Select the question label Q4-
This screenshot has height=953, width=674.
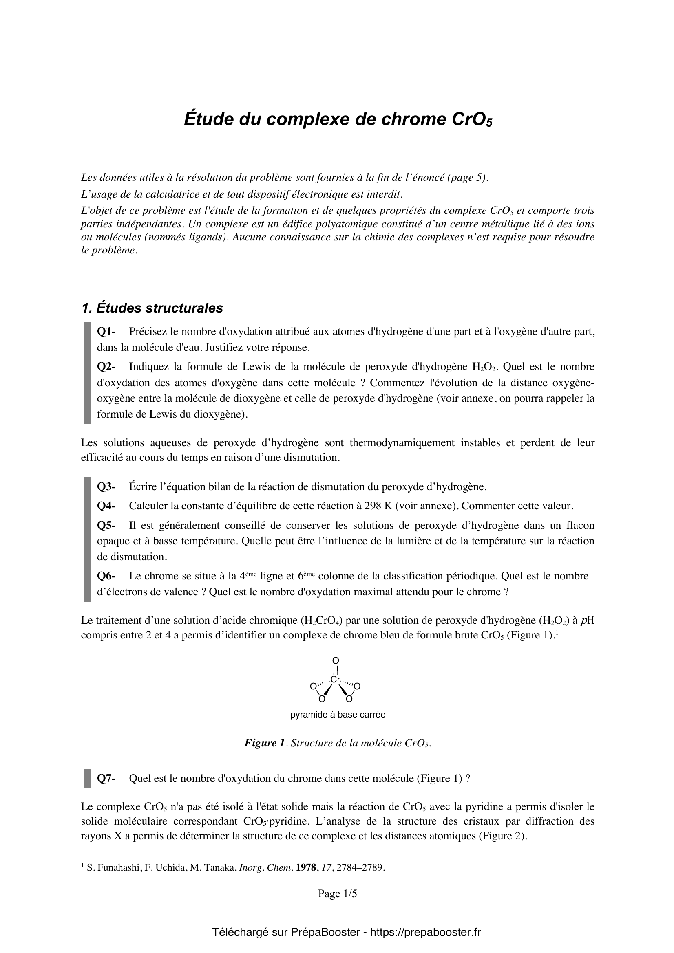[x=106, y=506]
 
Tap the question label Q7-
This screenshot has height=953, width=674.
[x=106, y=778]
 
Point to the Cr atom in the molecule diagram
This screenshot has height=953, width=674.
[x=336, y=680]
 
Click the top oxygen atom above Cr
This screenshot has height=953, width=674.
[x=336, y=660]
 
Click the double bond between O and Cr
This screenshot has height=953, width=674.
[x=336, y=670]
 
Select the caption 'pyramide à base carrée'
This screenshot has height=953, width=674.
[x=338, y=715]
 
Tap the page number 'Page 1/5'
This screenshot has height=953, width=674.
[x=337, y=894]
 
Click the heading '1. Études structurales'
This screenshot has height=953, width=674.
[x=152, y=308]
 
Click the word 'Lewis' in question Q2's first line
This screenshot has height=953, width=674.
[x=255, y=367]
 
